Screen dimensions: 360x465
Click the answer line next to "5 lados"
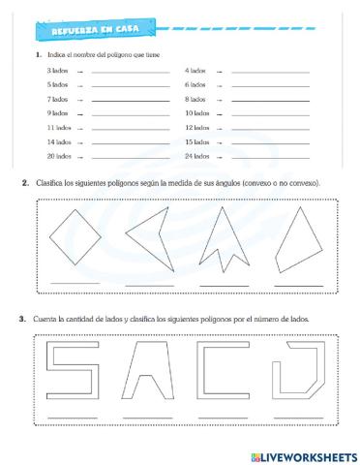point(130,86)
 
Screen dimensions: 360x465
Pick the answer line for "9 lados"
point(130,114)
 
